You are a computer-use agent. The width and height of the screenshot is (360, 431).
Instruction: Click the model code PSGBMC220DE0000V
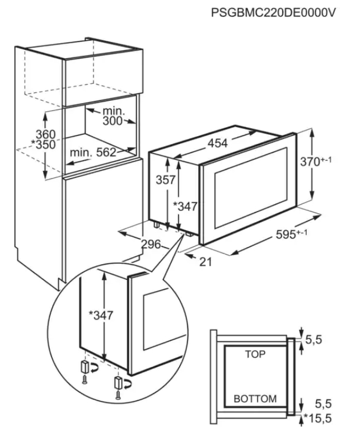[x=273, y=13]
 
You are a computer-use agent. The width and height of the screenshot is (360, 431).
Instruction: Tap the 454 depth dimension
[x=218, y=143]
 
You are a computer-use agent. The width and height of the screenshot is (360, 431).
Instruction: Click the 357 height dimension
[x=166, y=180]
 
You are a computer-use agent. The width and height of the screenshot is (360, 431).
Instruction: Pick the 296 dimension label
[x=151, y=244]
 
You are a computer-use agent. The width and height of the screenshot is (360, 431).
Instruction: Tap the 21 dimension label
[x=205, y=262]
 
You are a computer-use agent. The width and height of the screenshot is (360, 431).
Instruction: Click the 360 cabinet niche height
[x=46, y=134]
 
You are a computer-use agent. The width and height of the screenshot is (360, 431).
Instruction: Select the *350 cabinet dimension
[x=43, y=144]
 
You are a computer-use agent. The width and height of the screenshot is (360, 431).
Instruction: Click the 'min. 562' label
[x=93, y=153]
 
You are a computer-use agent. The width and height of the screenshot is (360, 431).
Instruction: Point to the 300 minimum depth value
[x=112, y=121]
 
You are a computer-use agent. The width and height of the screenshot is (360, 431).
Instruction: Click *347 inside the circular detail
[x=101, y=315]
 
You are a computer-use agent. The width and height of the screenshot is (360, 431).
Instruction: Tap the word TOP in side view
[x=255, y=354]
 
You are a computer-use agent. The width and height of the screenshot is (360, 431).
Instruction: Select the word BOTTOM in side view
[x=255, y=399]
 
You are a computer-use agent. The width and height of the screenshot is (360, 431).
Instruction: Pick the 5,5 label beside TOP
[x=314, y=340]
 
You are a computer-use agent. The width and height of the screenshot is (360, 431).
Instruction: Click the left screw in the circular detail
[x=85, y=380]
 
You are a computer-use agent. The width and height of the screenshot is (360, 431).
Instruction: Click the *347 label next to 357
[x=185, y=206]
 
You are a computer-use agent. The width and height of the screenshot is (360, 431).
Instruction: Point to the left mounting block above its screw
[x=85, y=367]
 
